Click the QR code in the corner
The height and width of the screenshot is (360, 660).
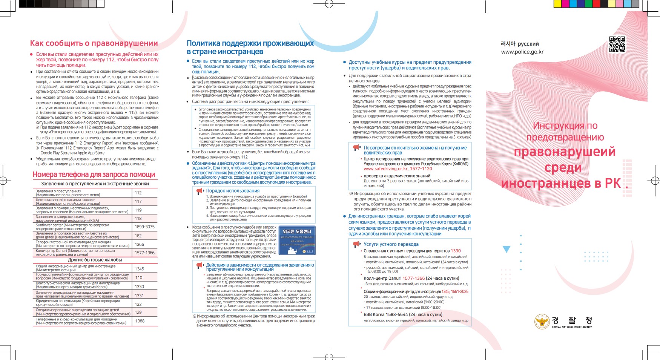[x=617, y=44]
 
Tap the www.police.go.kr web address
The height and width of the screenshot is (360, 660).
[x=522, y=52]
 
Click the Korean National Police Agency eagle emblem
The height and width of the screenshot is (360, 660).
[x=542, y=322]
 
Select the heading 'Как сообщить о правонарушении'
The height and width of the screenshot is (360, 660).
[x=94, y=43]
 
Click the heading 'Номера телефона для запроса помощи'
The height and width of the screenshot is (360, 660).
[x=94, y=175]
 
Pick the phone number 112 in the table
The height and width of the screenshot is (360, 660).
[x=138, y=193]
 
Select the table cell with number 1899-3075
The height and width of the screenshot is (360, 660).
[x=145, y=227]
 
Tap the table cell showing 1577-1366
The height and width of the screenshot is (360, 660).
[x=145, y=253]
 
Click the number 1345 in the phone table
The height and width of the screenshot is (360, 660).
[x=140, y=269]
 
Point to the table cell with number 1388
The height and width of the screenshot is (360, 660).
[x=140, y=321]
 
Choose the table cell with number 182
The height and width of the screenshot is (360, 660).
[x=138, y=236]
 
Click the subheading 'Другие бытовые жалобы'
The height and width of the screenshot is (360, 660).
[x=95, y=260]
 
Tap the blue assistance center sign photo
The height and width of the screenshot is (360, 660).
[x=297, y=240]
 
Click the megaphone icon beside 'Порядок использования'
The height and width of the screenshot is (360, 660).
[x=200, y=191]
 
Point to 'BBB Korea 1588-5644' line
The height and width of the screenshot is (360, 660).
[x=403, y=314]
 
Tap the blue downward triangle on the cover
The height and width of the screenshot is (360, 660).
[x=507, y=249]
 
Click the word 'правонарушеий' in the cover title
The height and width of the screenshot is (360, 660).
[x=565, y=152]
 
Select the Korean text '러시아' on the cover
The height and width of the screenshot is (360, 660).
[x=508, y=44]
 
